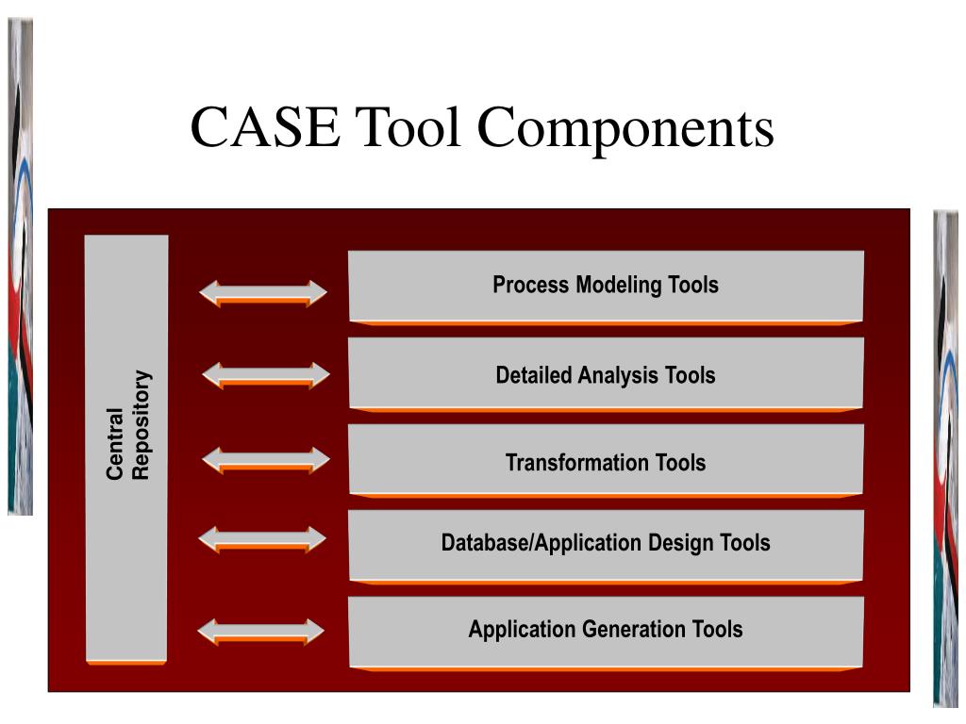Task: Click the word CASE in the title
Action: [265, 128]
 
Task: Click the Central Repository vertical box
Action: [126, 528]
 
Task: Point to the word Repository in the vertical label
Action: [141, 425]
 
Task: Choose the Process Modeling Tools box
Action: [606, 285]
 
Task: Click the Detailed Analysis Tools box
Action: [606, 374]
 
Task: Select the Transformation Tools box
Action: [606, 461]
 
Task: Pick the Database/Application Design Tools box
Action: [606, 543]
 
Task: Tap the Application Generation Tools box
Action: [606, 629]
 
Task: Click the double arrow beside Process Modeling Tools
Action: [263, 292]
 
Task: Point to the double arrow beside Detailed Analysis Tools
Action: [266, 375]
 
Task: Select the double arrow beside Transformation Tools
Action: [266, 460]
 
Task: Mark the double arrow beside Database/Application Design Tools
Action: [263, 539]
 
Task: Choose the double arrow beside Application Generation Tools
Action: [261, 632]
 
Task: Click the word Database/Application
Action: [542, 543]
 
